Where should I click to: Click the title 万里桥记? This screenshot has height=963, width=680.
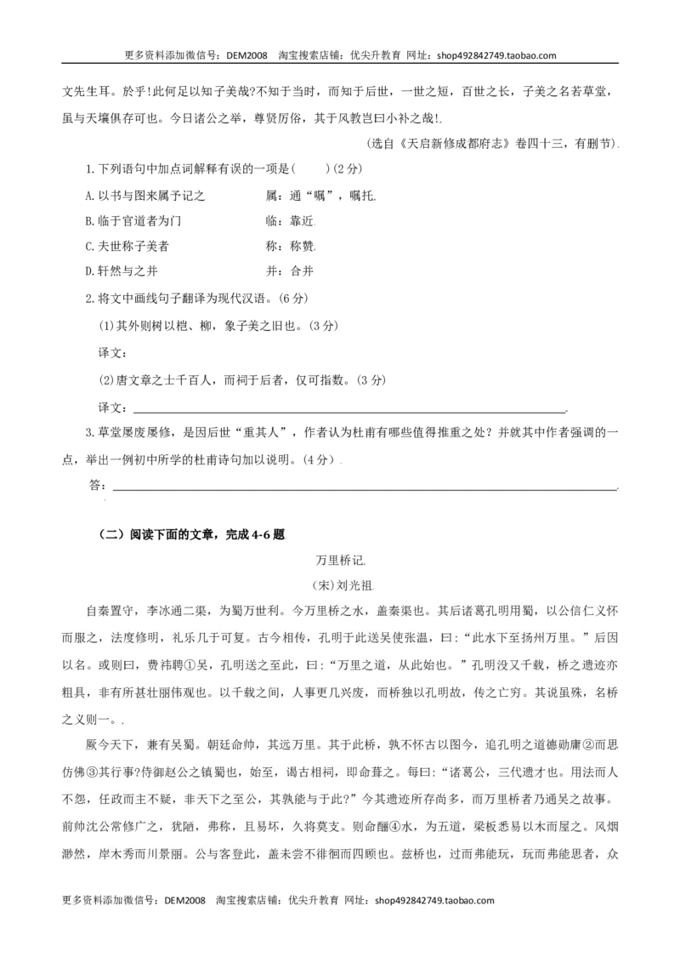coord(339,560)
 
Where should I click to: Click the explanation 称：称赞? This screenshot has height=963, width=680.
coord(291,246)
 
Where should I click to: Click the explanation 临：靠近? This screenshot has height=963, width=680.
coord(291,220)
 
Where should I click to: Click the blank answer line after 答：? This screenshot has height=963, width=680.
coord(365,489)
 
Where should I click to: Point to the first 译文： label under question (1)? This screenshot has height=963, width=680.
coord(114,353)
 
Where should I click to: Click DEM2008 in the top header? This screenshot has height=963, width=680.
coord(246,55)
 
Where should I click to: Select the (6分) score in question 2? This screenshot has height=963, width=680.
coord(292,299)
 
